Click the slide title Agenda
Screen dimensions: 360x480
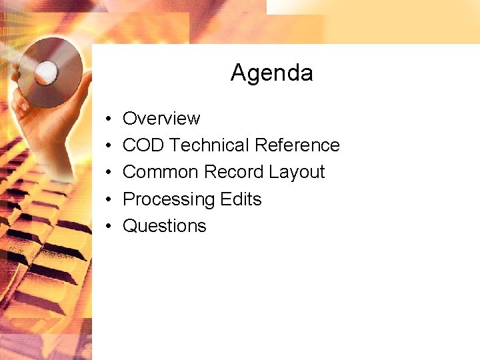(271, 73)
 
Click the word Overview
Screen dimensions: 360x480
(161, 119)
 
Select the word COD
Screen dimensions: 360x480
(143, 145)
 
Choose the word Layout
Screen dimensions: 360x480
(297, 173)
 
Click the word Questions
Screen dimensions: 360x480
(165, 226)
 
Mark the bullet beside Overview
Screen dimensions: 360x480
(108, 119)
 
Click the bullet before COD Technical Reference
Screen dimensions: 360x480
(108, 146)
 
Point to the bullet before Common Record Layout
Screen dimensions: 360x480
(108, 173)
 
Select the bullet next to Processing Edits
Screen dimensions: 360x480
(108, 199)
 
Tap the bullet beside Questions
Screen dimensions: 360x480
(108, 226)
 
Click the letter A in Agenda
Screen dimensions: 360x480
(238, 73)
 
